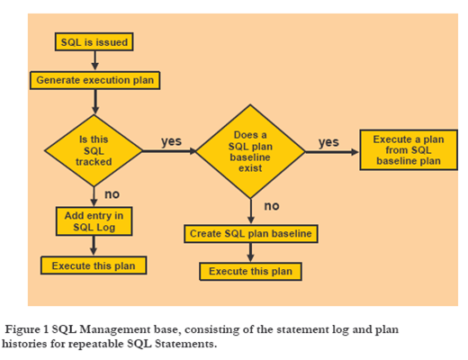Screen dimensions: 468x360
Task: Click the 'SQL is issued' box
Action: pos(94,41)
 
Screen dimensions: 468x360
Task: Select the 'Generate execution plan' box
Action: pos(95,80)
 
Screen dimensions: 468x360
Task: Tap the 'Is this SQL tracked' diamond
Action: pos(94,150)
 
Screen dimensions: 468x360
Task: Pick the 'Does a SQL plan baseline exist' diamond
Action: pos(250,151)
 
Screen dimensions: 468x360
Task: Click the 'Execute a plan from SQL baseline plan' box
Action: pos(409,150)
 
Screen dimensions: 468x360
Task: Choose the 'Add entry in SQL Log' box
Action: pos(94,221)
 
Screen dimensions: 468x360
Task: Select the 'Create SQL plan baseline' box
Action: pos(251,234)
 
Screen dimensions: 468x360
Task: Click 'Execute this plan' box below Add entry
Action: pos(94,265)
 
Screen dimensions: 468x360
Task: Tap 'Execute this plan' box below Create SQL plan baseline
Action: pos(250,272)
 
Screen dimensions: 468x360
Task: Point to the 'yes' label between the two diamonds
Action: pos(171,141)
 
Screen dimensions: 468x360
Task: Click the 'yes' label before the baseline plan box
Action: pos(328,142)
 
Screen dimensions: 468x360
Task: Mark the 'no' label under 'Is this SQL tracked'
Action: pos(112,194)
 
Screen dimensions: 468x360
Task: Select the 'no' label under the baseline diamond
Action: pos(272,206)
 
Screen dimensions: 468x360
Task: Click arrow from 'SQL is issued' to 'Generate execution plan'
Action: pos(94,61)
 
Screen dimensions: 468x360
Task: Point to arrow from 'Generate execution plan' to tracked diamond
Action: pos(95,102)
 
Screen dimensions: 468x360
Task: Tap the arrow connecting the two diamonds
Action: pos(169,151)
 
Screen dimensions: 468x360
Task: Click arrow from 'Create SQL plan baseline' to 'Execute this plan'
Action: pos(250,253)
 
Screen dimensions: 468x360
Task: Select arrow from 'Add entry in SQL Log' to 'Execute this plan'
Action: pos(94,246)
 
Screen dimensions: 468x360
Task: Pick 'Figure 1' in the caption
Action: pos(27,329)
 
